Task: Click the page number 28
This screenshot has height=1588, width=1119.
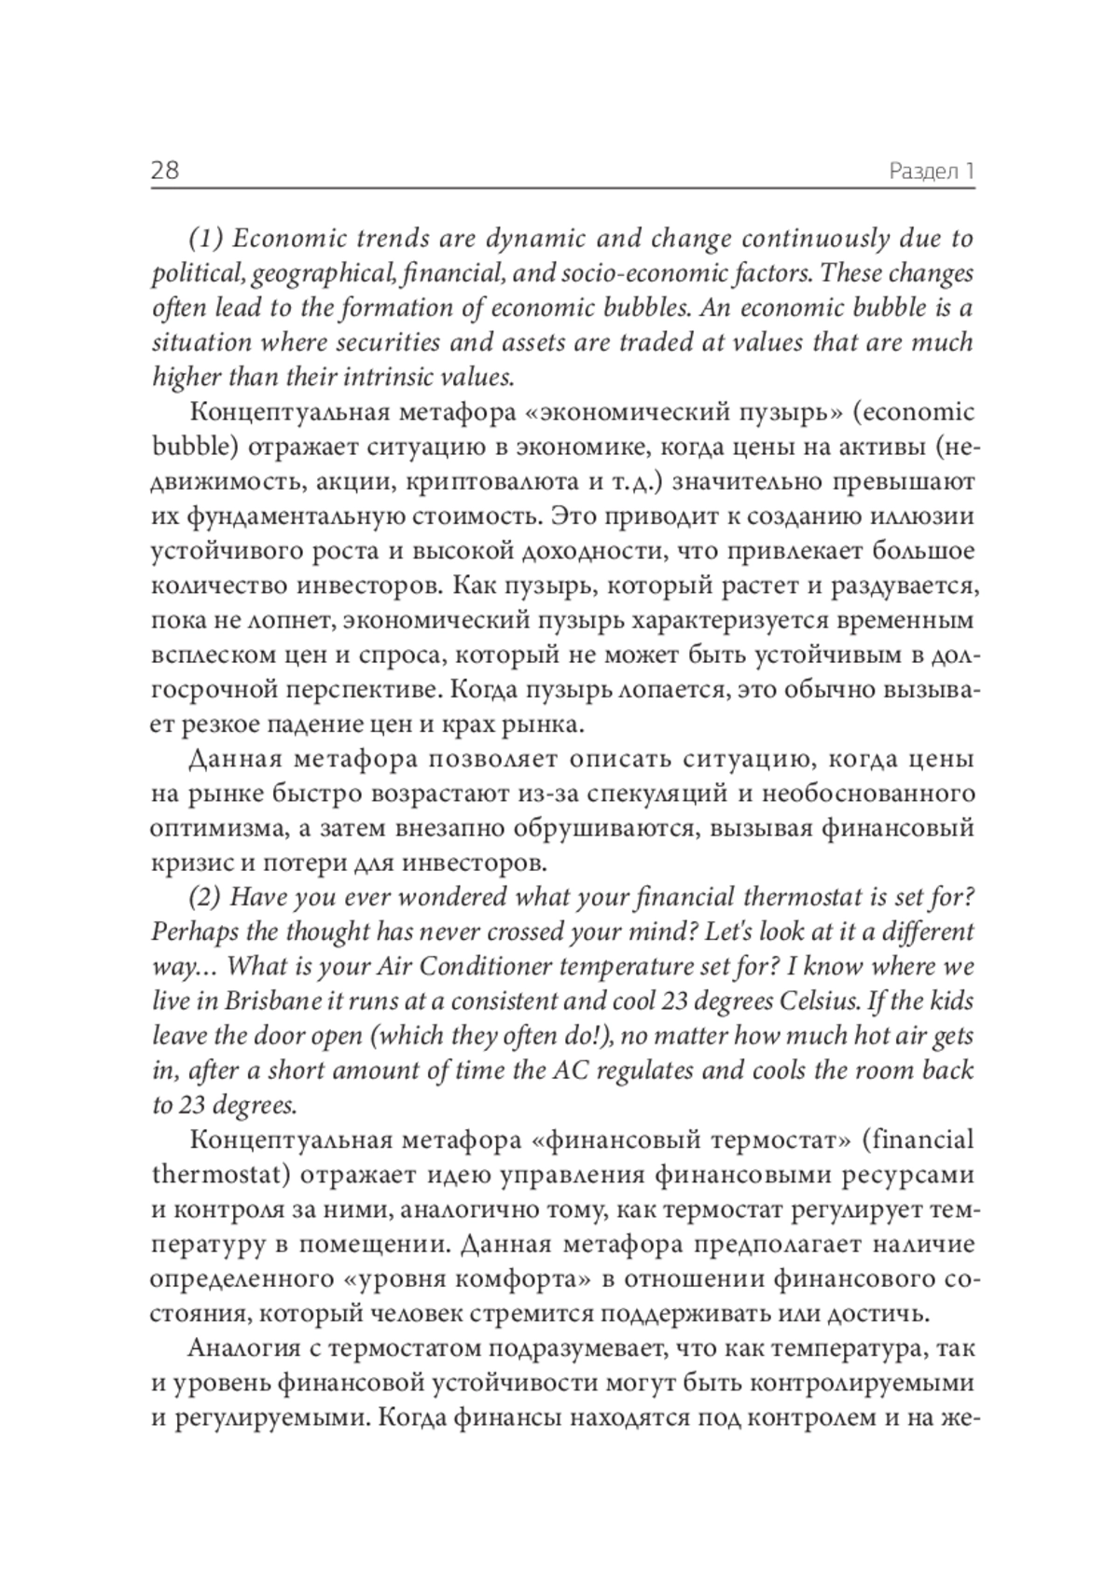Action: coord(165,171)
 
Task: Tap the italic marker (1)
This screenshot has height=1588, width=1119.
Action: coord(206,239)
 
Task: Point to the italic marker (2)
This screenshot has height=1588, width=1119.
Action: coord(205,897)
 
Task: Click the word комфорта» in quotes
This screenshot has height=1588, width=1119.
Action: coord(523,1278)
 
